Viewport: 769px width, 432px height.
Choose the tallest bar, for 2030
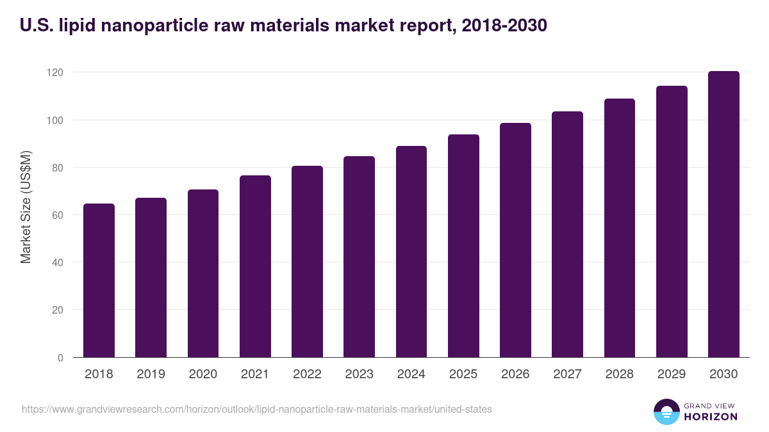(724, 214)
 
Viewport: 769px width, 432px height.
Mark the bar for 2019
(151, 278)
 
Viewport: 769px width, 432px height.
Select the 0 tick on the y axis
(60, 358)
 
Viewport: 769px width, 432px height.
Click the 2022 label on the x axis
(307, 374)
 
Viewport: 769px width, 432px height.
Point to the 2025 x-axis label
(463, 374)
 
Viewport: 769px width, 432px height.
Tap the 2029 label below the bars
(672, 374)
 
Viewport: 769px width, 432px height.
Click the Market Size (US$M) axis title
(26, 207)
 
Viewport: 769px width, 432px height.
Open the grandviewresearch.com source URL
(256, 409)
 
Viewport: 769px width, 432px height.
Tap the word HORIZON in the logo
(711, 417)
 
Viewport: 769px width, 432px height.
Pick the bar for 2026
(515, 240)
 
